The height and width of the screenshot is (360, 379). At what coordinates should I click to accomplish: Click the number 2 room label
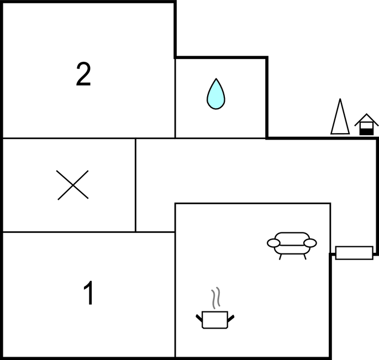click(83, 74)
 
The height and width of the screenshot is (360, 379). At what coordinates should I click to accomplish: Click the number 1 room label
click(89, 293)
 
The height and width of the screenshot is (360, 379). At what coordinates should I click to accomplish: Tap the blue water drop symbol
click(216, 94)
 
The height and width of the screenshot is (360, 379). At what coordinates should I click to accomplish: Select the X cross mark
click(72, 185)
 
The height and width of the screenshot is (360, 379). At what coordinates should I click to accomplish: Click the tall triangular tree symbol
click(340, 117)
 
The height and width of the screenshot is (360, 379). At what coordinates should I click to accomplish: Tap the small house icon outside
click(366, 124)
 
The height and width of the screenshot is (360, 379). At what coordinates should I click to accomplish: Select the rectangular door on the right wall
click(354, 253)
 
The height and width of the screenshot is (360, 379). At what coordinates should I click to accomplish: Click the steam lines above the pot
click(216, 298)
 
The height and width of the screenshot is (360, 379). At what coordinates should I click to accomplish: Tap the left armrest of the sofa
click(273, 243)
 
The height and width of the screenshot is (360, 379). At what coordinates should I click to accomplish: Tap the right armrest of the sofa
click(310, 243)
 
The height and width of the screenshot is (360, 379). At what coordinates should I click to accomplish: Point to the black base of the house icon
click(366, 132)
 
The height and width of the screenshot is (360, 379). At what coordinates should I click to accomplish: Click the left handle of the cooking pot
click(199, 318)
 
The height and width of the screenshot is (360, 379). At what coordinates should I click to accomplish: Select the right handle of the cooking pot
click(231, 318)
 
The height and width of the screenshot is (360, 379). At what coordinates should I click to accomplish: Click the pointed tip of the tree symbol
click(340, 99)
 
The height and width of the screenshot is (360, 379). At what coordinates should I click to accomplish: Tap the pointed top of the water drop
click(216, 78)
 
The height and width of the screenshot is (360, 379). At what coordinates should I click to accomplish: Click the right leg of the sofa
click(305, 257)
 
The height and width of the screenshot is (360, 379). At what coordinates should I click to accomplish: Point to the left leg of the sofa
click(281, 257)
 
